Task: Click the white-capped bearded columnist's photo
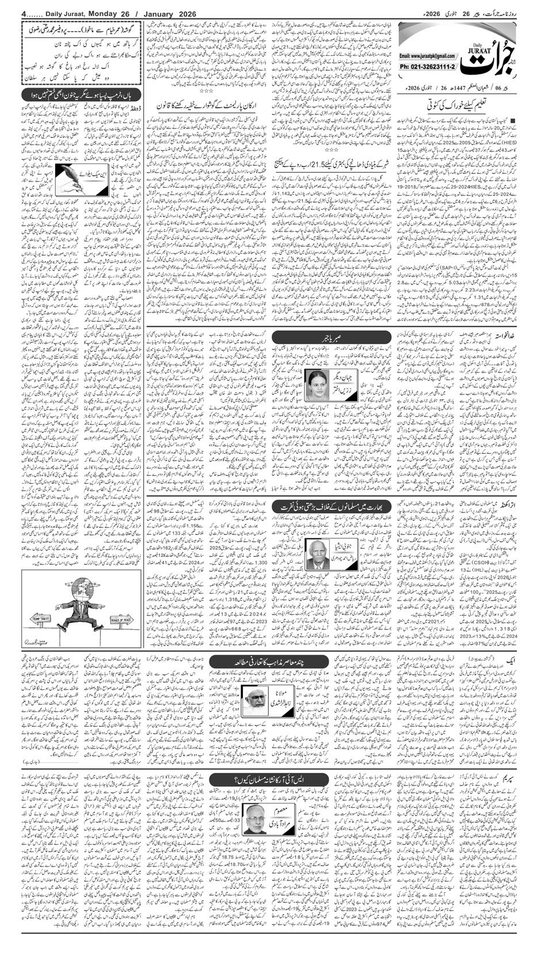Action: tap(253, 697)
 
